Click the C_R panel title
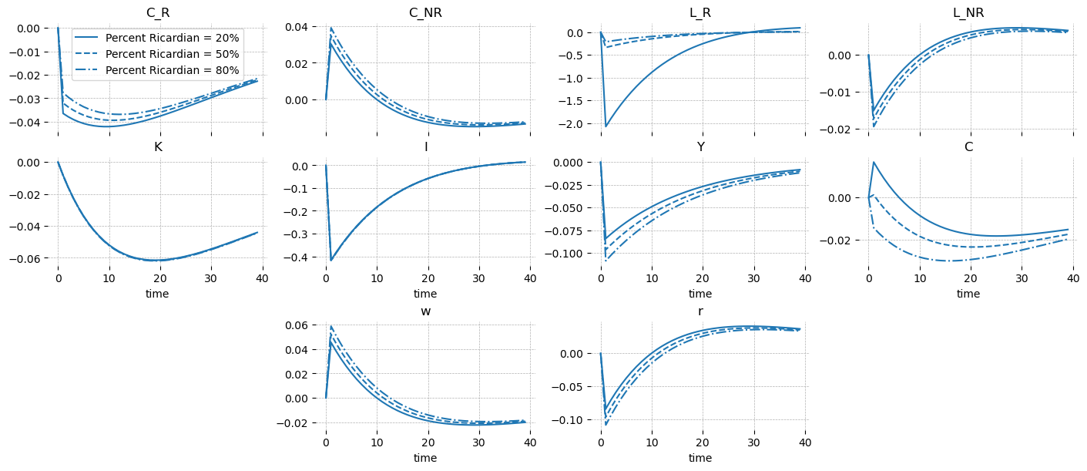[x=158, y=12]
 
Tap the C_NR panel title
[x=425, y=12]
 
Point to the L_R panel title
[x=700, y=12]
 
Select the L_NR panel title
[x=968, y=12]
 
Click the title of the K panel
[x=158, y=146]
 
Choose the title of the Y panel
[x=700, y=146]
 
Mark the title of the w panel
[x=425, y=311]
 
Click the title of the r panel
[x=700, y=311]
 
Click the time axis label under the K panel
[x=158, y=294]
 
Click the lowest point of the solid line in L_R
[x=606, y=126]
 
